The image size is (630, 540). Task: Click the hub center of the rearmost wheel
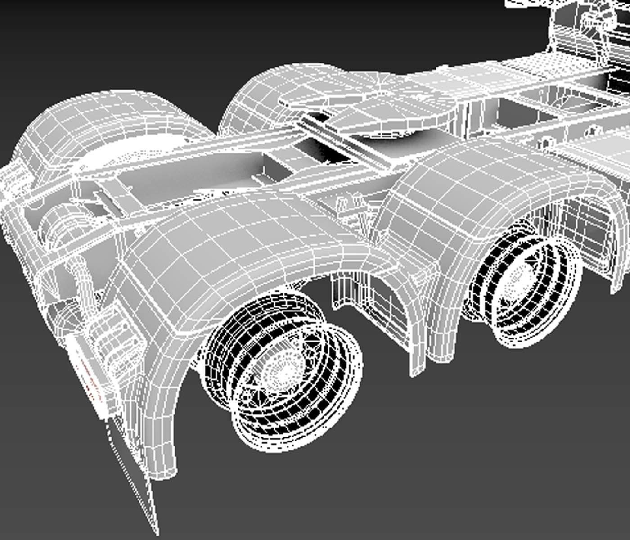tap(283, 370)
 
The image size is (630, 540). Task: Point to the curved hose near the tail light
tap(81, 279)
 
